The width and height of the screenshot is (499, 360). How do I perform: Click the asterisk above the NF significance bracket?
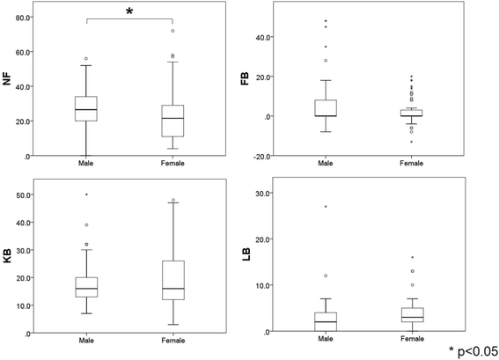130,11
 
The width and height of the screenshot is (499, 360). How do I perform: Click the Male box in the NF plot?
86,108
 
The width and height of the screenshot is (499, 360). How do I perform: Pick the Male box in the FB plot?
326,107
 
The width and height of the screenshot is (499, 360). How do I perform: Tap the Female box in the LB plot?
412,314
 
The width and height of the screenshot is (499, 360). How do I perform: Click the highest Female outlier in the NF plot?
172,31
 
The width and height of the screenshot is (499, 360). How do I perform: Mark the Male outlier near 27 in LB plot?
326,207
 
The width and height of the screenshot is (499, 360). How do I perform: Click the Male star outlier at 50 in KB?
86,194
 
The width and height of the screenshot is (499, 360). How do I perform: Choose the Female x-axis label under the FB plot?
412,164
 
